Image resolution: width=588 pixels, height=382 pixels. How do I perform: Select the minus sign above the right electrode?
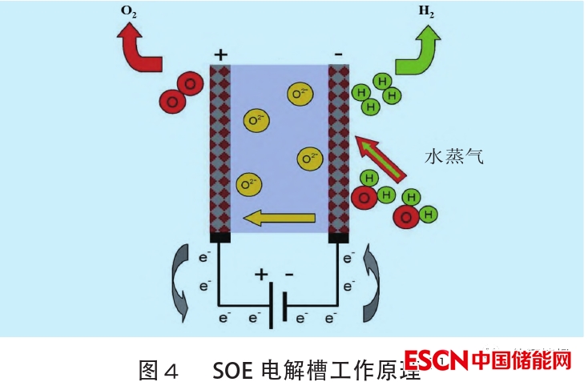[339, 54]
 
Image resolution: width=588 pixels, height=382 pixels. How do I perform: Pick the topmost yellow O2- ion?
[300, 94]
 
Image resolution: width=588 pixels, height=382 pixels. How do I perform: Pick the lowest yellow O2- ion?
[248, 185]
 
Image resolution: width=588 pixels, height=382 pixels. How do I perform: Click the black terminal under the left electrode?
[220, 237]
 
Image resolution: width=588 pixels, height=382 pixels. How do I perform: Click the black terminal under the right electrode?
[339, 237]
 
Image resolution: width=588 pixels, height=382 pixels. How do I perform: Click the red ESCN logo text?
[437, 362]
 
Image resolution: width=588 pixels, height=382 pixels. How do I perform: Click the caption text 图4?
[157, 370]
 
